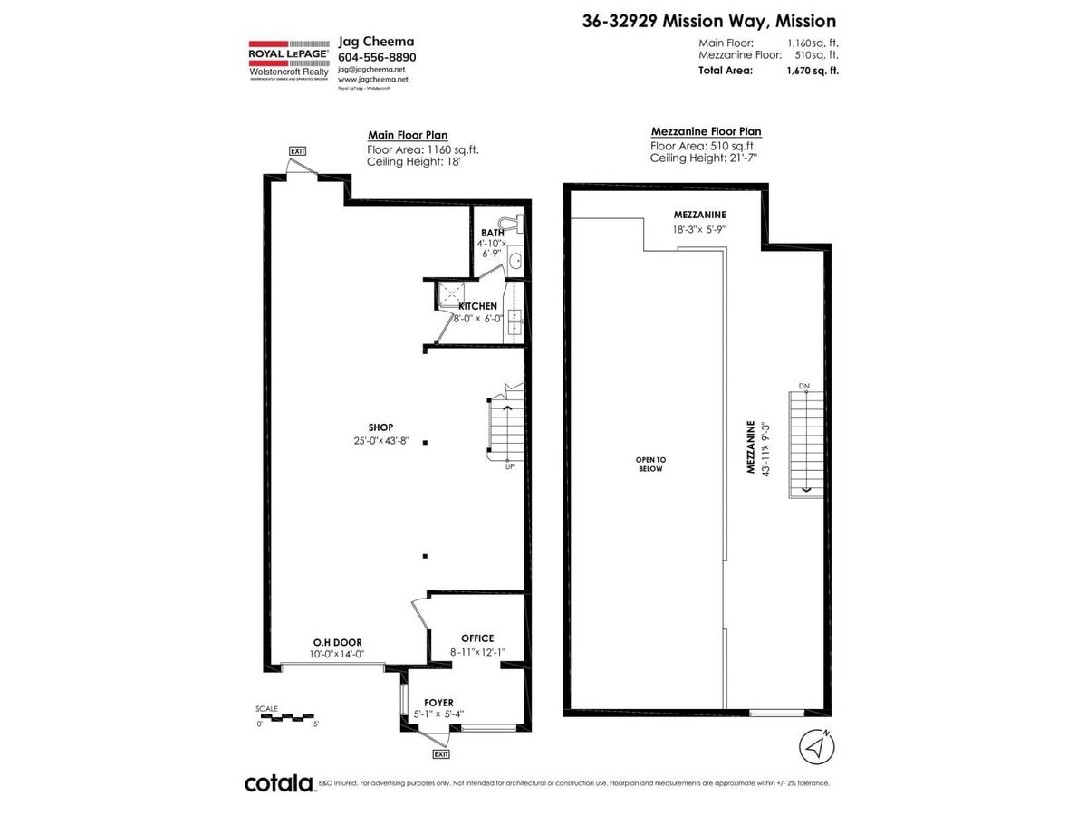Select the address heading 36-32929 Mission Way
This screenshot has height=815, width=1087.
coord(709,21)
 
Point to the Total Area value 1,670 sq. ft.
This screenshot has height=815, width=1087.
coord(813,70)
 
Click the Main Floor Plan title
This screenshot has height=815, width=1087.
coord(407,135)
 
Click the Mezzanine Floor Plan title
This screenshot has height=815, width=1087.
coord(706,131)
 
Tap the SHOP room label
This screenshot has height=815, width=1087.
coord(381,427)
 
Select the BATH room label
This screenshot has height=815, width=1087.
coord(493,233)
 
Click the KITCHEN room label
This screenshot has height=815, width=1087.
coord(477,306)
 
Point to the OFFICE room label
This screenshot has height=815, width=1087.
coord(477,638)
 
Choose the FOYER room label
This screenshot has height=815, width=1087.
coord(438,703)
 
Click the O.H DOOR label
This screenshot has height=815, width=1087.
coord(336,642)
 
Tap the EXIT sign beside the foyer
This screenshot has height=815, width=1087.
coord(441,753)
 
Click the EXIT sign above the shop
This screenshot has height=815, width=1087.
coord(298,150)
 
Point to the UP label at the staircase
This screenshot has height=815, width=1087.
coord(511,466)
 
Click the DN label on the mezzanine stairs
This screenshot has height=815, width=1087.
coord(803,387)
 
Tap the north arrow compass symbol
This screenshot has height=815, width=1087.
coord(817,747)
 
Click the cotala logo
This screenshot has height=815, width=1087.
coord(279,783)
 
